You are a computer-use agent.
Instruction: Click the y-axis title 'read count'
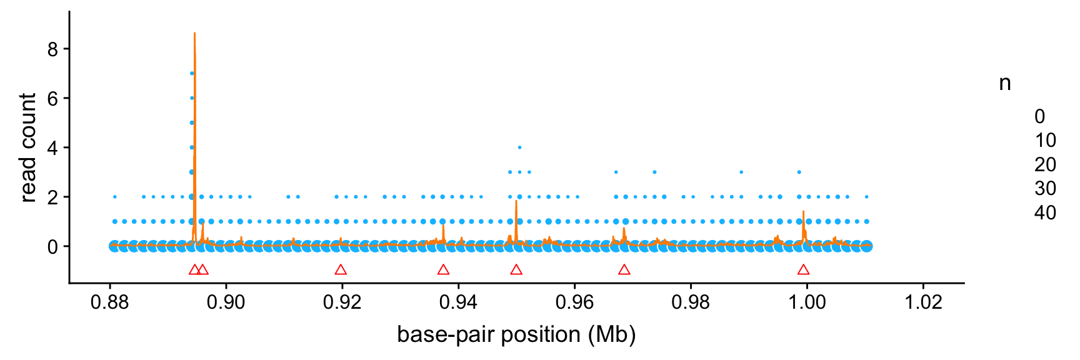click(x=28, y=148)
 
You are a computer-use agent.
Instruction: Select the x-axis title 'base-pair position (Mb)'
click(x=516, y=335)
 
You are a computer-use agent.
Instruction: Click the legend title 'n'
click(x=1004, y=83)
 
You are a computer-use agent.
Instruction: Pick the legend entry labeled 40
click(x=1045, y=213)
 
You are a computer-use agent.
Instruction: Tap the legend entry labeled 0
click(x=1039, y=116)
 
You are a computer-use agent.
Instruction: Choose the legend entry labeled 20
click(x=1045, y=165)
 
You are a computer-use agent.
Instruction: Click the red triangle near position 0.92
click(x=341, y=270)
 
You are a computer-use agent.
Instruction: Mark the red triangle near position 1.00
click(x=803, y=270)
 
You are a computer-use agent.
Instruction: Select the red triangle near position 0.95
click(x=516, y=270)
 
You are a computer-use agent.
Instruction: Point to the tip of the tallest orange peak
click(x=194, y=33)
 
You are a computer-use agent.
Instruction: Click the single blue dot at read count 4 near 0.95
click(x=519, y=147)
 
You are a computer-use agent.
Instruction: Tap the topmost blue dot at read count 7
click(x=192, y=73)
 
